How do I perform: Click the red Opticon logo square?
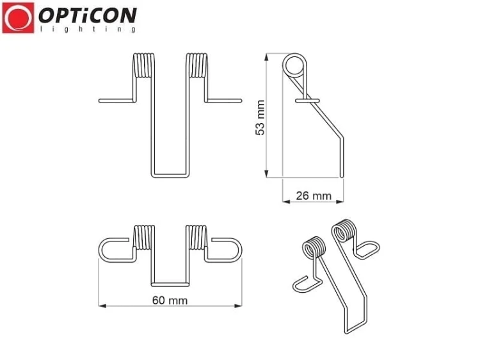click(18, 18)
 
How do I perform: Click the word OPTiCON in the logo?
click(88, 15)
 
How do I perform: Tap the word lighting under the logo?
click(88, 29)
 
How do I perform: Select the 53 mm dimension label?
click(260, 117)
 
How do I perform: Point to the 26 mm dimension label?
click(314, 196)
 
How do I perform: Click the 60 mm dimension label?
click(170, 300)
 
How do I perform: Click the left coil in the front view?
click(144, 65)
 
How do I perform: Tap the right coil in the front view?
click(197, 65)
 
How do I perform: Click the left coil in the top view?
click(144, 238)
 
